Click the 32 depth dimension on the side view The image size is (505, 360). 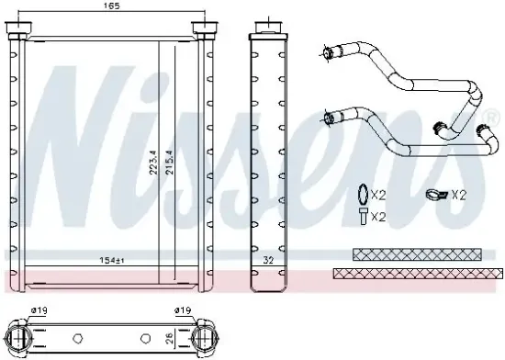pyautogui.click(x=269, y=261)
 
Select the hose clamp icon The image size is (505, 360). pyautogui.click(x=436, y=195)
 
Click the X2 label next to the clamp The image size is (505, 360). pyautogui.click(x=458, y=195)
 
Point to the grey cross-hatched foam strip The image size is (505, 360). pyautogui.click(x=418, y=253)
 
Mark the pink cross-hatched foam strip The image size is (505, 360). pyautogui.click(x=418, y=273)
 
